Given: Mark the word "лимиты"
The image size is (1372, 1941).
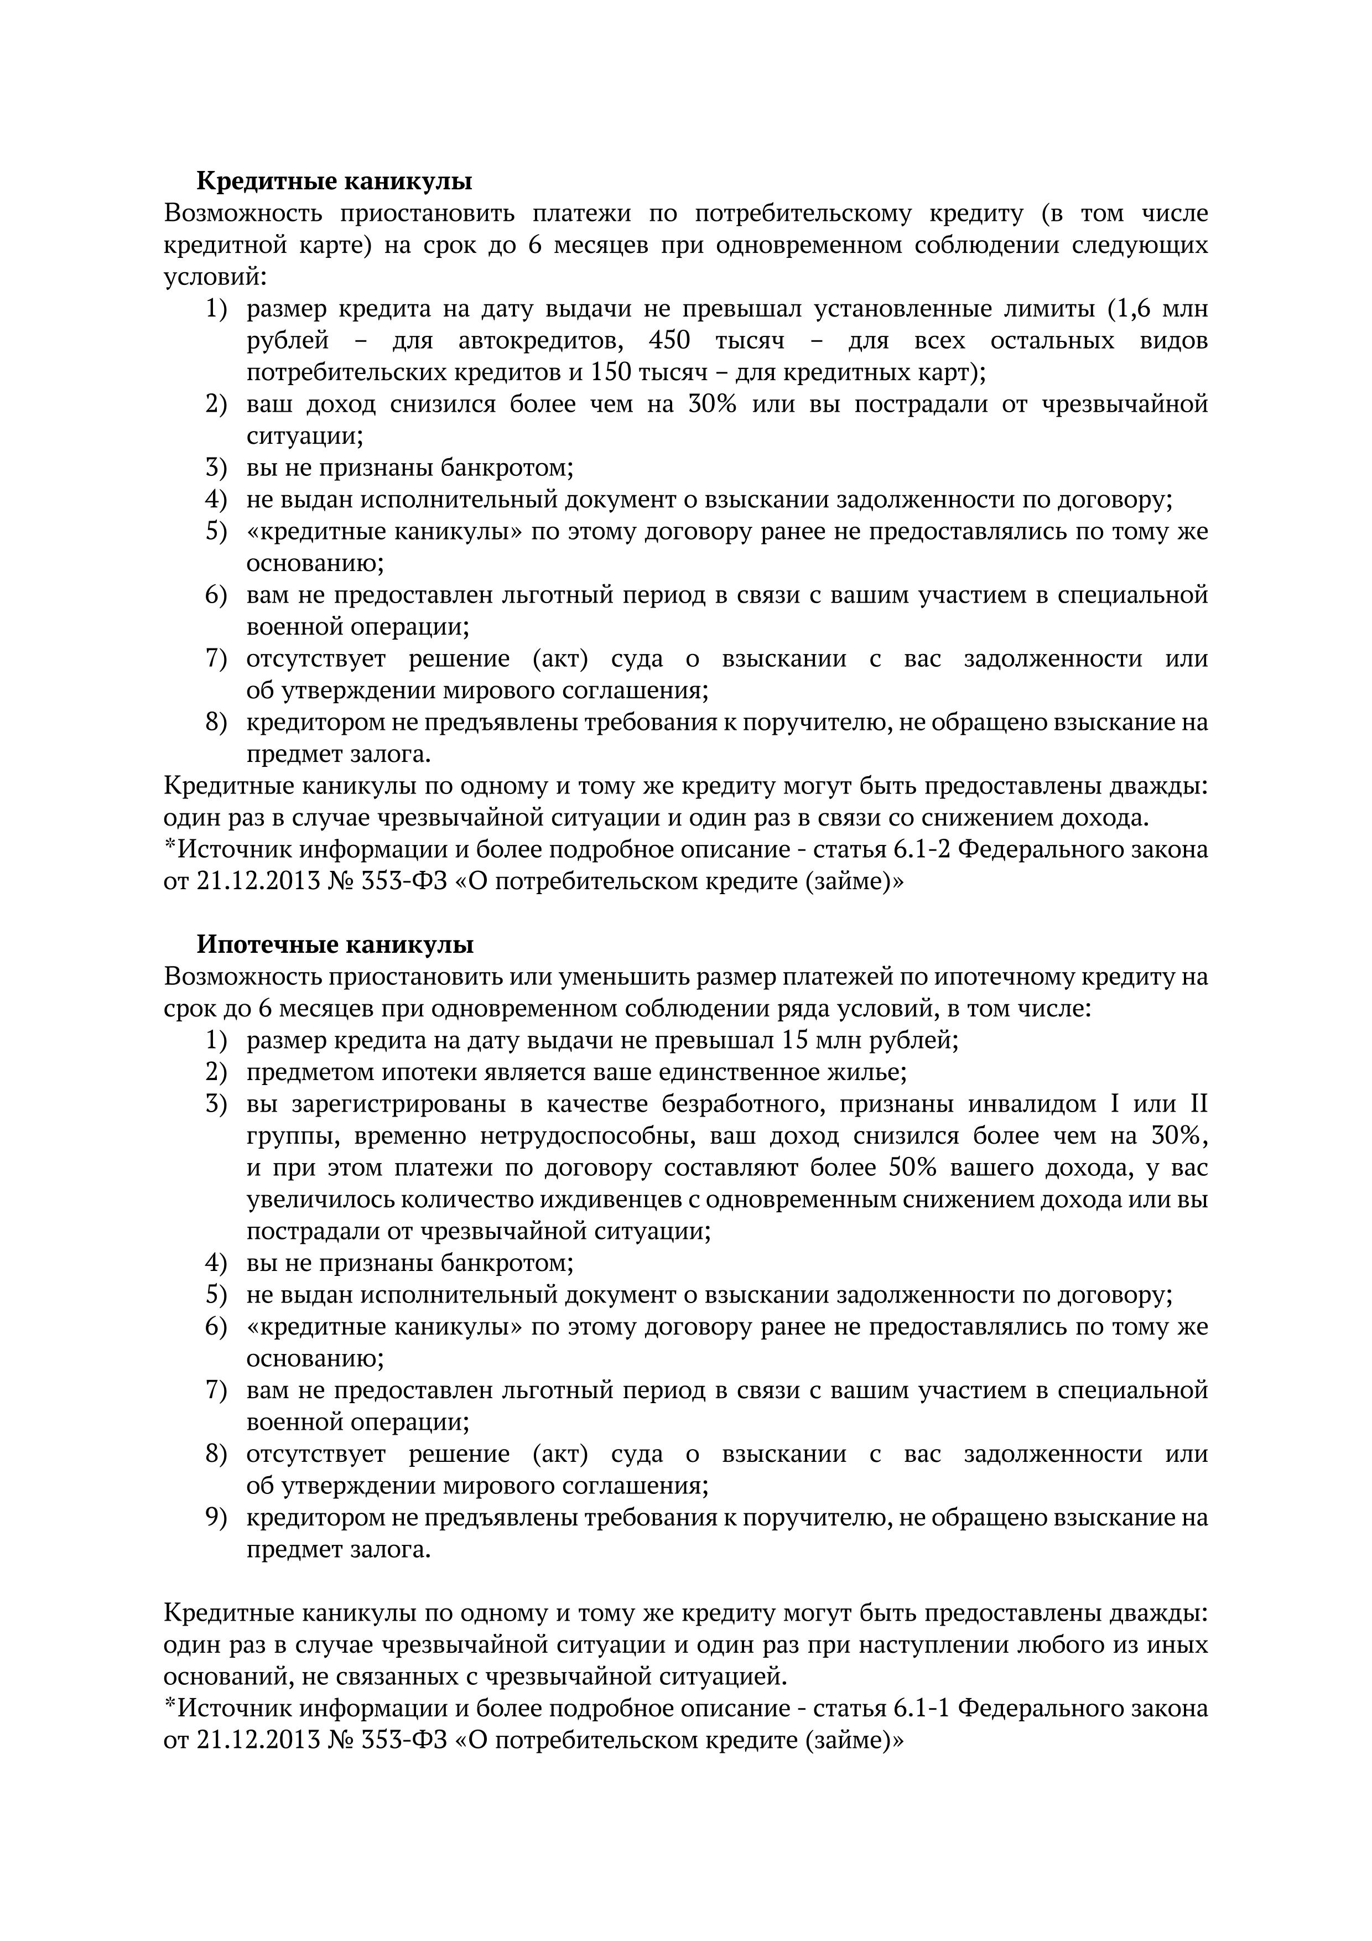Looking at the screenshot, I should (x=1047, y=309).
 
